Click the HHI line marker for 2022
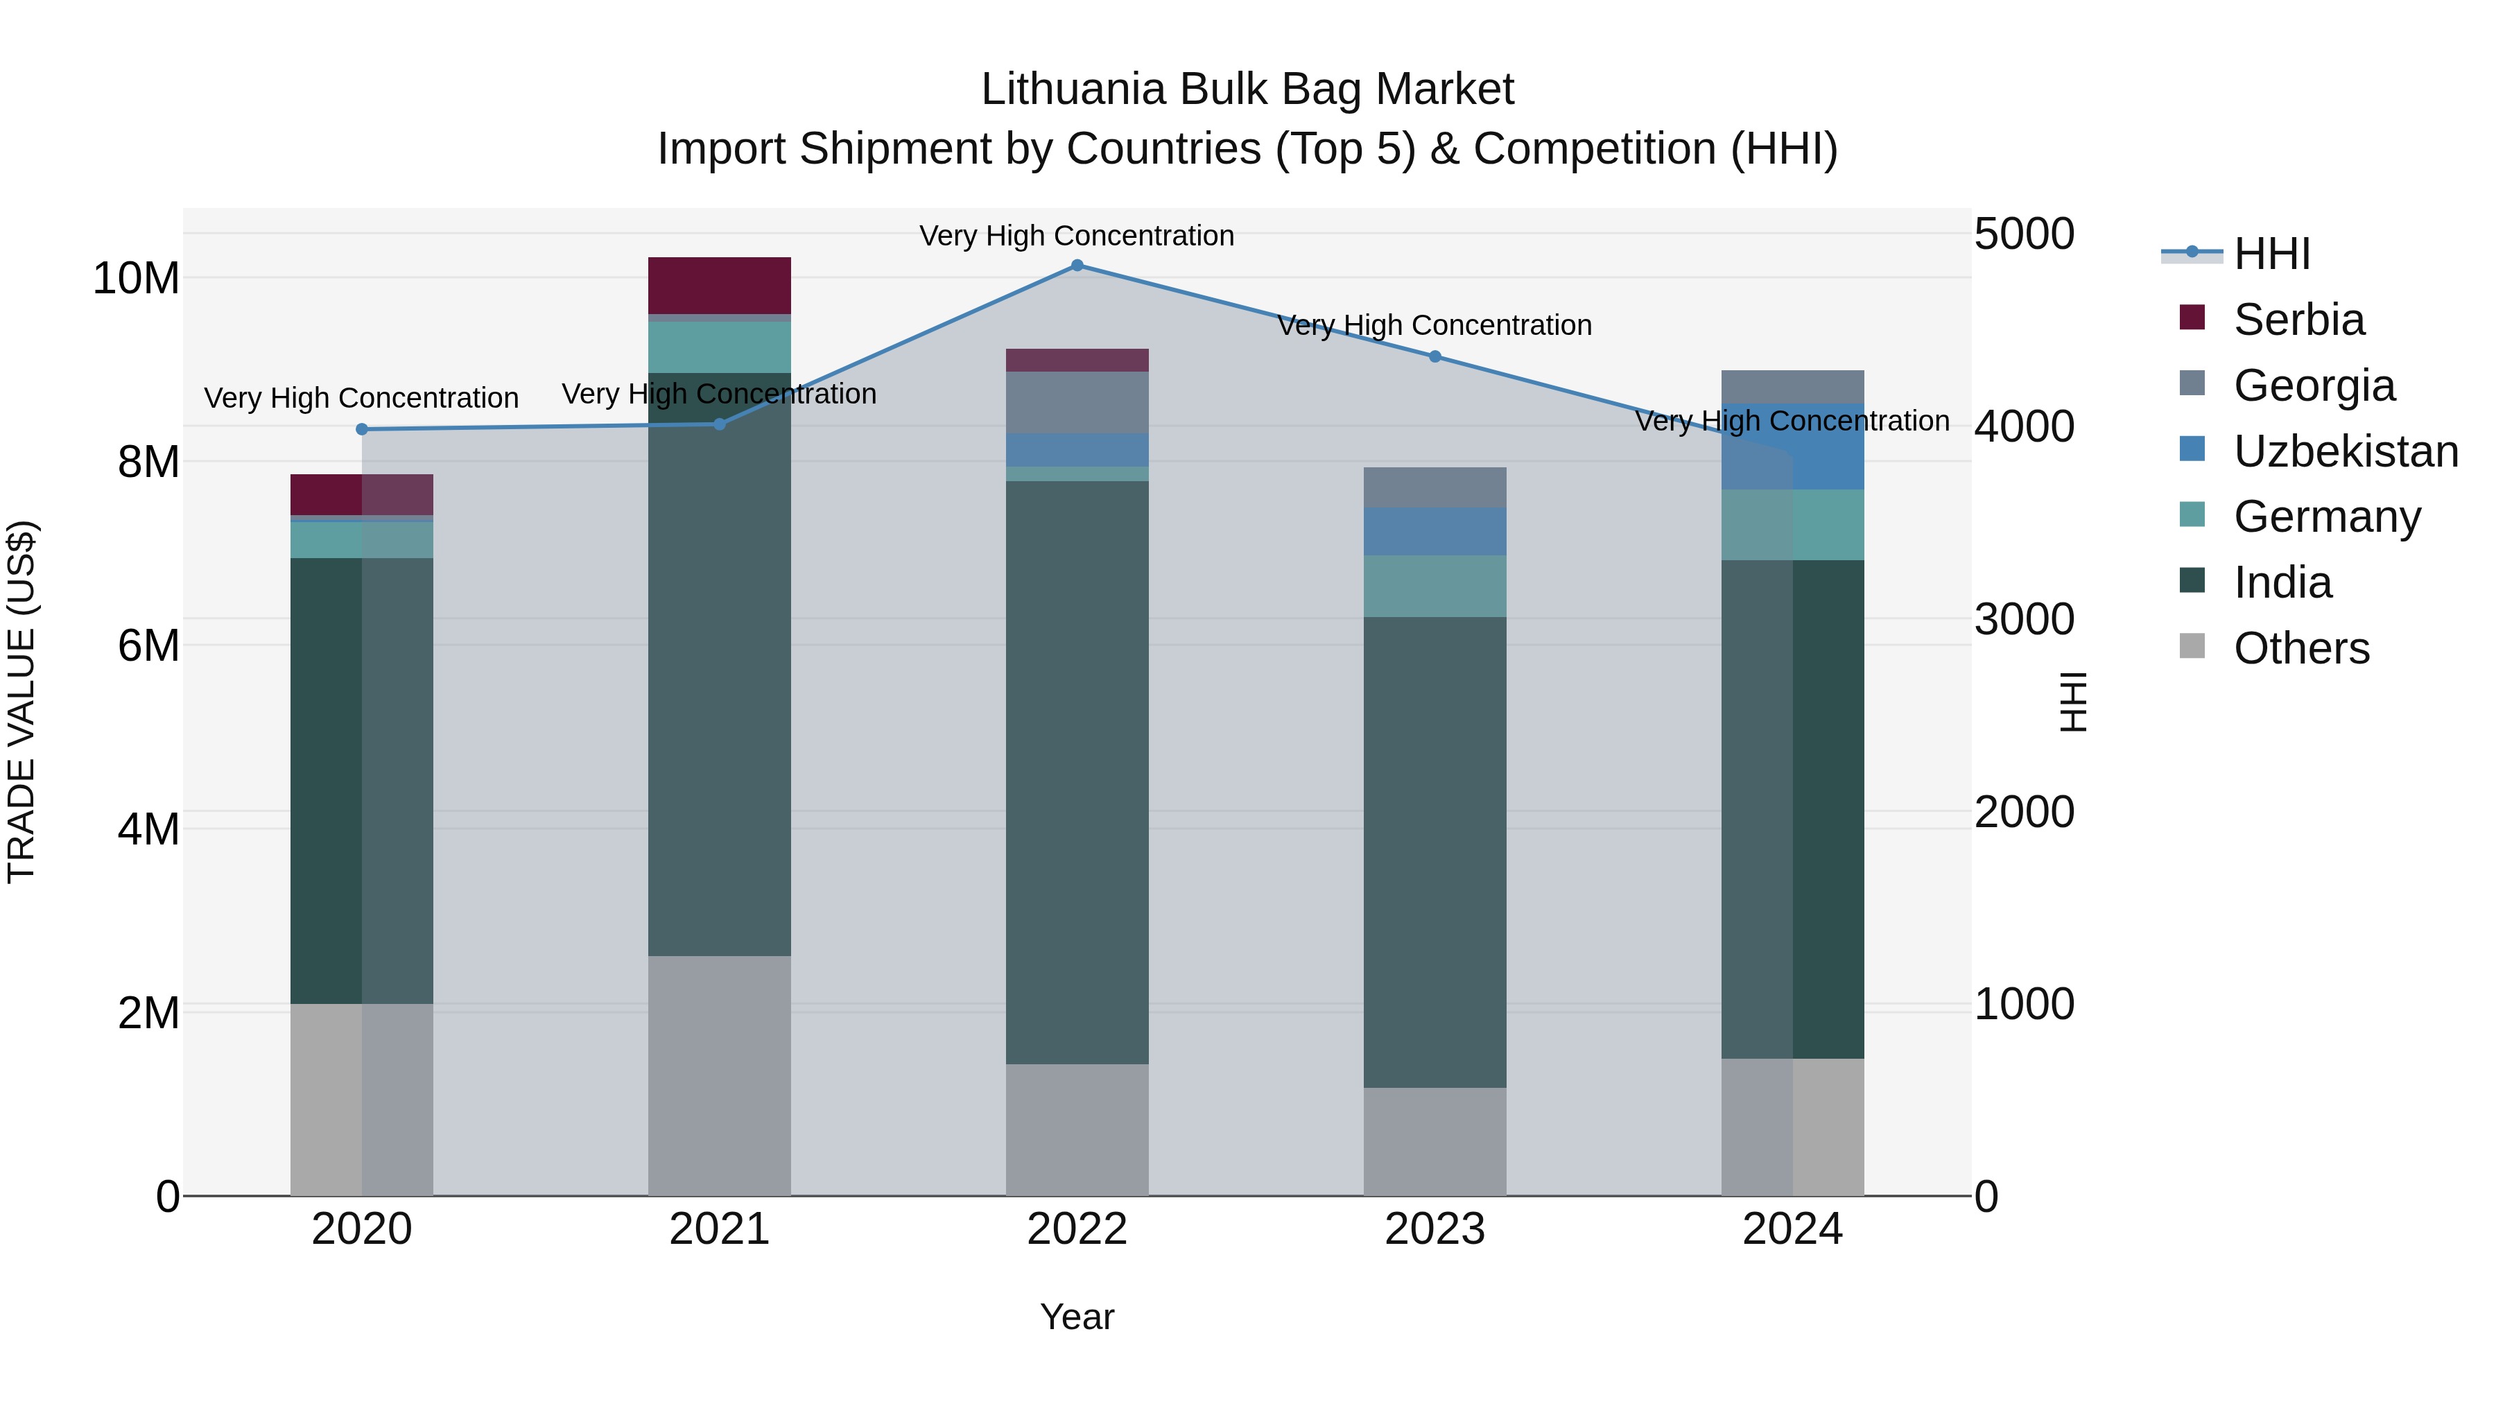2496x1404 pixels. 1077,266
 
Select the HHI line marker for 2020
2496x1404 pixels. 361,429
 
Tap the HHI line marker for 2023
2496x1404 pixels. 1435,356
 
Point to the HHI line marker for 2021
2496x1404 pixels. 719,424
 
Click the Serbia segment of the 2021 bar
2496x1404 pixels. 719,285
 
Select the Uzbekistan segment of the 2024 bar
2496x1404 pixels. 1792,446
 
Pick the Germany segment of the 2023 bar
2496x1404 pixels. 1435,586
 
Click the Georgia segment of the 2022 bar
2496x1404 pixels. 1077,402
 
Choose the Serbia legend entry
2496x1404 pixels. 2298,320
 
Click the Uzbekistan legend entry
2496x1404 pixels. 2345,451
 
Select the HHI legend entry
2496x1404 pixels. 2271,254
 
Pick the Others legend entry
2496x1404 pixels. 2301,648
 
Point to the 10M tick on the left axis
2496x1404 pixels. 136,279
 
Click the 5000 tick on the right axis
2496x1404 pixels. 2024,234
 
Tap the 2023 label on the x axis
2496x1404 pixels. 1435,1229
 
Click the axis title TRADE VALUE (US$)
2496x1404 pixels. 21,702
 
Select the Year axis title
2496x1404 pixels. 1077,1318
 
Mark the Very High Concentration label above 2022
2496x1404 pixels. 1077,236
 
